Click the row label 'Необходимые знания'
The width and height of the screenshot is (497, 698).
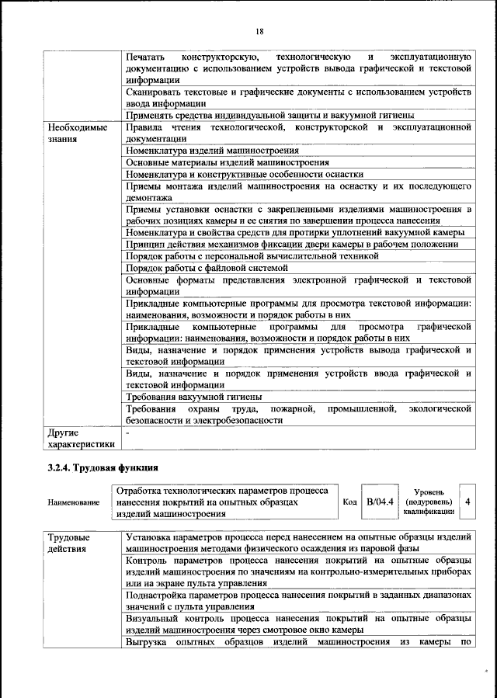pyautogui.click(x=78, y=133)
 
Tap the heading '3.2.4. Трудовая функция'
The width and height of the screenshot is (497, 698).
pyautogui.click(x=103, y=467)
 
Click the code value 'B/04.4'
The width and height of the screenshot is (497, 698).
pyautogui.click(x=381, y=502)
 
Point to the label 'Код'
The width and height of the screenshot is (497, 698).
pyautogui.click(x=350, y=502)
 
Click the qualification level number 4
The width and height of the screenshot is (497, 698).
pyautogui.click(x=467, y=502)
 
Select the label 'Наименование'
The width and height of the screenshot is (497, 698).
pyautogui.click(x=74, y=502)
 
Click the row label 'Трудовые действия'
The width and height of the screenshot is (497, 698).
pyautogui.click(x=69, y=543)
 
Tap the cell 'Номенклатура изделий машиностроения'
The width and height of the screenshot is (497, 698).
pyautogui.click(x=212, y=151)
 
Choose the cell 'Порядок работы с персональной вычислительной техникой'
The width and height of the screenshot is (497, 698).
pyautogui.click(x=252, y=255)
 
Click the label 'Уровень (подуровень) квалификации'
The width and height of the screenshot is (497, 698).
pyautogui.click(x=429, y=502)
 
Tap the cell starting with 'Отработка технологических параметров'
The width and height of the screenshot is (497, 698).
pyautogui.click(x=222, y=502)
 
